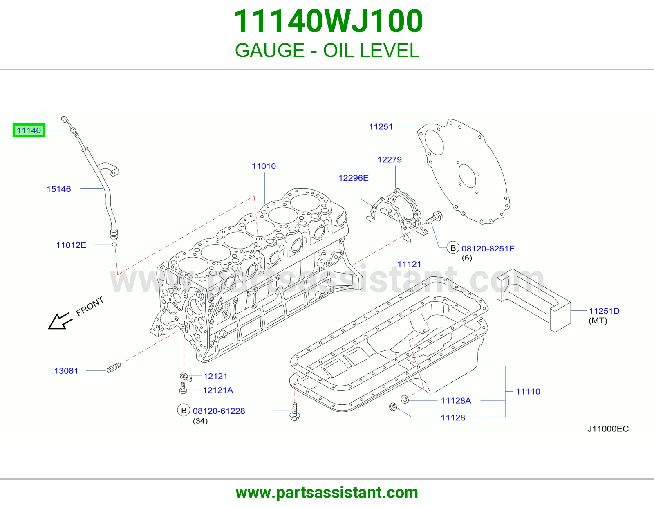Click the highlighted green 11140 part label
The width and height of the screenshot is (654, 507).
pos(29,130)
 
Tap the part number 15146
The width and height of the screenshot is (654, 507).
pos(59,189)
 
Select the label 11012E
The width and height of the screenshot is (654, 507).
pos(72,245)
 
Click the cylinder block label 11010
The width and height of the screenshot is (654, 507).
pos(264,166)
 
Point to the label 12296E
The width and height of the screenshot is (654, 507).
pos(353,178)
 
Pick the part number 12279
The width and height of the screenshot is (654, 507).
pos(390,160)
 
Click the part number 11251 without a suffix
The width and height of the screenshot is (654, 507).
pos(381,127)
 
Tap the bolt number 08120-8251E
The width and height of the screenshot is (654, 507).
pos(488,249)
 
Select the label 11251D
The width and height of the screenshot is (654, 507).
pos(604,311)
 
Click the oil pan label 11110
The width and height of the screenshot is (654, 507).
pos(528,392)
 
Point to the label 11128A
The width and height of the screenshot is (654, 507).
pos(456,401)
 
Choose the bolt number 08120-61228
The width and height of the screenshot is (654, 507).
pos(219,411)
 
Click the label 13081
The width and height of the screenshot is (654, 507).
pos(66,371)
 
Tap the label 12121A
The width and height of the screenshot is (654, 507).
pos(218,390)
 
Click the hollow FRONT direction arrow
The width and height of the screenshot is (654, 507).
pos(59,322)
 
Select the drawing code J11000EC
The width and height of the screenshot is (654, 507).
pos(608,429)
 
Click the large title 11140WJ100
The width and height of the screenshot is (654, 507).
pos(328,21)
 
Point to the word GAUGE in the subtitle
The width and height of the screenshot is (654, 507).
pos(270,50)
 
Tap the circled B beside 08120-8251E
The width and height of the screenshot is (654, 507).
pos(452,248)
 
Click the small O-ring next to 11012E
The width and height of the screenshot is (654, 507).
pos(114,245)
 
